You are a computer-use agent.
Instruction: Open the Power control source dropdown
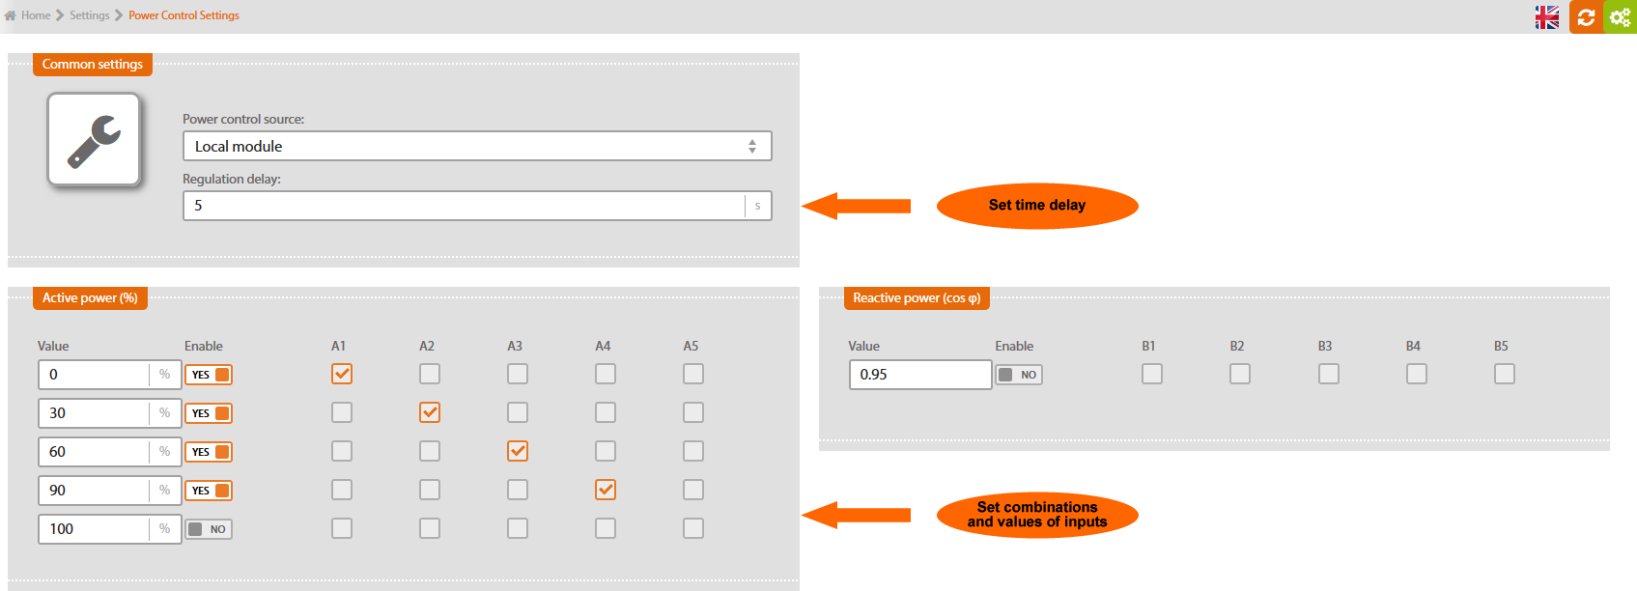click(x=477, y=146)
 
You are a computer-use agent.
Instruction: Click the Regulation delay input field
click(x=465, y=206)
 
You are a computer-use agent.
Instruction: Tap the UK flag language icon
click(x=1547, y=16)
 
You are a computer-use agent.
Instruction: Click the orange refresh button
click(x=1586, y=16)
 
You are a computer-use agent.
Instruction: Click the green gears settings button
click(x=1621, y=16)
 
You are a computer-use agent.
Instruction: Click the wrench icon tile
click(x=94, y=139)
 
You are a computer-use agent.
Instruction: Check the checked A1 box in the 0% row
click(x=341, y=374)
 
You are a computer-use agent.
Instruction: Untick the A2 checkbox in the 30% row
click(x=430, y=412)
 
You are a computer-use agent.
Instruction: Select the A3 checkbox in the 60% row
click(x=518, y=452)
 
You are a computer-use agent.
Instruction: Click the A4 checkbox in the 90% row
click(x=606, y=490)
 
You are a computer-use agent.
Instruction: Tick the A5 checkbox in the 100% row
click(x=692, y=528)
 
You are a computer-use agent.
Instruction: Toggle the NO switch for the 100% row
click(x=209, y=529)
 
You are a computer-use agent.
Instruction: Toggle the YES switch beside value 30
click(x=209, y=413)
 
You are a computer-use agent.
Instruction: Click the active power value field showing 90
click(x=94, y=491)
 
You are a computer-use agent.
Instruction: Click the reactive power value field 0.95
click(x=920, y=375)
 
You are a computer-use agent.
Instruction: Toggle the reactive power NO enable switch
click(x=1019, y=375)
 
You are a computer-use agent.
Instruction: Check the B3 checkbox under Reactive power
click(x=1329, y=374)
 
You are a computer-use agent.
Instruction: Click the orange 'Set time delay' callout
click(x=1037, y=206)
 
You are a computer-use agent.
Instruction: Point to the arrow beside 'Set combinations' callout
click(x=856, y=515)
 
